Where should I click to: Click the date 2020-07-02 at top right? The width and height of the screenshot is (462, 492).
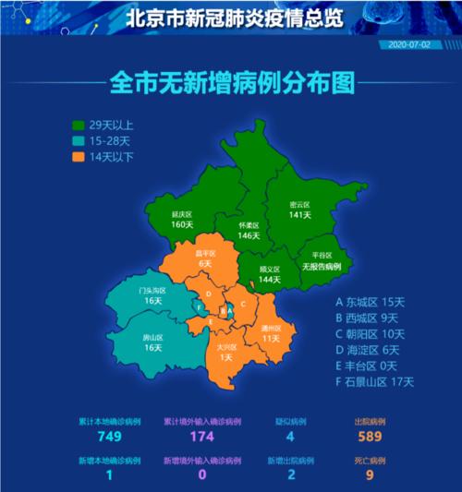(x=409, y=43)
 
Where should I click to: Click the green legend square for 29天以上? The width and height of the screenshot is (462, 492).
(x=79, y=124)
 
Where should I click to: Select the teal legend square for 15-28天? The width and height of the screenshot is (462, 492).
(x=79, y=140)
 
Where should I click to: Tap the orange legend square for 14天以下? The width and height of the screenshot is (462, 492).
(x=79, y=156)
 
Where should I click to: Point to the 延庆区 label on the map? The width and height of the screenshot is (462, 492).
(x=182, y=213)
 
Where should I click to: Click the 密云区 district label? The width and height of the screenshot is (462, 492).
(x=299, y=204)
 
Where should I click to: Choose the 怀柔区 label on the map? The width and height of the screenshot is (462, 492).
(x=249, y=225)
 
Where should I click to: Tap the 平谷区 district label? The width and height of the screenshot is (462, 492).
(x=322, y=256)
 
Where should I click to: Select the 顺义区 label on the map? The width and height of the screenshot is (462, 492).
(x=270, y=270)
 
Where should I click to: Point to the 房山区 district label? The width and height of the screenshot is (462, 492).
(x=152, y=338)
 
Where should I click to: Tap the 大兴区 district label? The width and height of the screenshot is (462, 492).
(x=225, y=347)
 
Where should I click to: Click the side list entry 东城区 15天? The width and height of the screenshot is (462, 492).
(x=370, y=302)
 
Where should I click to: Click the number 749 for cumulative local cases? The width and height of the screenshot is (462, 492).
(x=110, y=436)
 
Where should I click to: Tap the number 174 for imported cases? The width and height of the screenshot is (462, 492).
(x=201, y=436)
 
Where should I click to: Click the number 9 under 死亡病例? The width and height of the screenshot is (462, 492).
(x=370, y=475)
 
